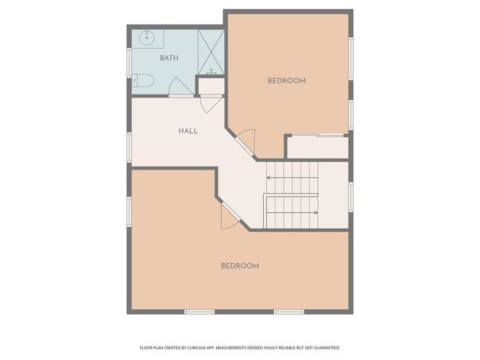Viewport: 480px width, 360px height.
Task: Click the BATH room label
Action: pyautogui.click(x=168, y=58)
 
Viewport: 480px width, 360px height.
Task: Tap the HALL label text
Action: pyautogui.click(x=188, y=131)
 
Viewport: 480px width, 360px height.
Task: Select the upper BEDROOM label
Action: pyautogui.click(x=286, y=81)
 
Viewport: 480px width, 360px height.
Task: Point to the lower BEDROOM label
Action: pyautogui.click(x=240, y=265)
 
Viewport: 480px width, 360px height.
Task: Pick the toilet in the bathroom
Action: pyautogui.click(x=143, y=80)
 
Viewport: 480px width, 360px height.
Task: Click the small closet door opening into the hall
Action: pyautogui.click(x=211, y=103)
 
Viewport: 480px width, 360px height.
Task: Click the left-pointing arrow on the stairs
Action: pyautogui.click(x=269, y=178)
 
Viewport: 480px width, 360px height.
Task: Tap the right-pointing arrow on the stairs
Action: pyautogui.click(x=315, y=212)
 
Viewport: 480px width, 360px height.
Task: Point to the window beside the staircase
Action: pyautogui.click(x=350, y=193)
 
